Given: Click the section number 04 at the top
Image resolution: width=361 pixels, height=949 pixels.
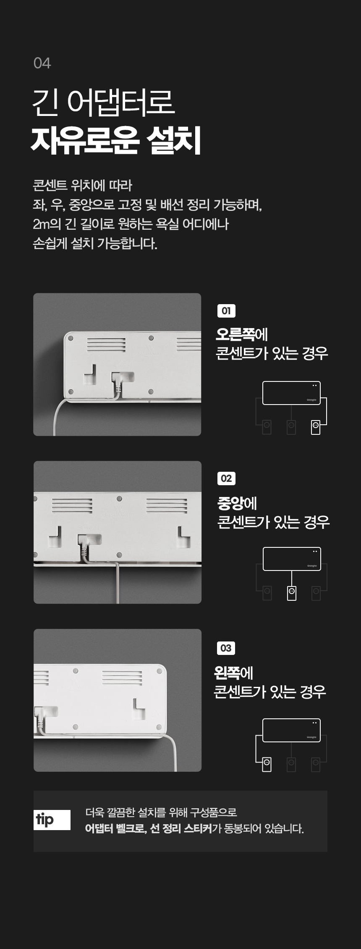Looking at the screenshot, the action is pos(42,63).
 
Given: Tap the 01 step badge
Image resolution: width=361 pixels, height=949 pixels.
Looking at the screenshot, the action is pos(226,311).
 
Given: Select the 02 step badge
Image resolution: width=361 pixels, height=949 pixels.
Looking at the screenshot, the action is pos(226,478).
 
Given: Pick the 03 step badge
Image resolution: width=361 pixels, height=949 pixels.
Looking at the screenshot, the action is pos(226,648).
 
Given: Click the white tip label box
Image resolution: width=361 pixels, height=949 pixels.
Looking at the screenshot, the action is pos(52,820).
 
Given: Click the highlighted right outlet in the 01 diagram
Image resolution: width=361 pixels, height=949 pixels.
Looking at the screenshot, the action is pos(316,427).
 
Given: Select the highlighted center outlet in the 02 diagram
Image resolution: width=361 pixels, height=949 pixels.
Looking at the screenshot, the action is pos(292,593).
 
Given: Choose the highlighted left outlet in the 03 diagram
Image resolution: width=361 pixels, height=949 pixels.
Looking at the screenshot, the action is pos(267,765).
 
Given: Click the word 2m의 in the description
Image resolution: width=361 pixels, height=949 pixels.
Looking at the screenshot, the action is pos(47,224).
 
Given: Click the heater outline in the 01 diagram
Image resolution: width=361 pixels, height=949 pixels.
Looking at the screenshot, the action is pos(291,381).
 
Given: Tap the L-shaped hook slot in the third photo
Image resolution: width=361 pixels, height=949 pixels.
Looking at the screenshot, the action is pos(139,708).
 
